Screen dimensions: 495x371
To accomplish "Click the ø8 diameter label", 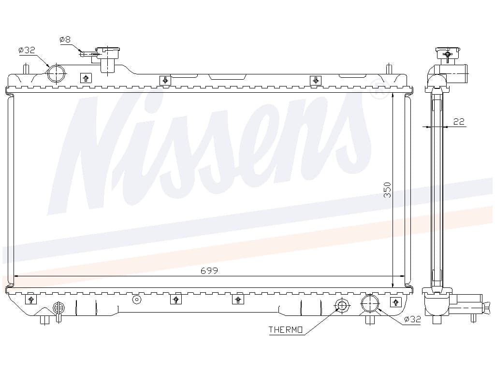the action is (65, 40).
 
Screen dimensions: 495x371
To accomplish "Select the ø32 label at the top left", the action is (27, 50).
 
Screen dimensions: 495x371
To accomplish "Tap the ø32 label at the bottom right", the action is (413, 319).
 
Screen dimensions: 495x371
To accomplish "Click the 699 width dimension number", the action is (209, 271).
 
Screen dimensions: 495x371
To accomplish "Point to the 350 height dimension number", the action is (387, 189).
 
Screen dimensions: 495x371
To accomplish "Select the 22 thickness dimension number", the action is (459, 121).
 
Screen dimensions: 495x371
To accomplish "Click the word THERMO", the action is (286, 329).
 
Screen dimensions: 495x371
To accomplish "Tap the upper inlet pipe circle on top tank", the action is (56, 73).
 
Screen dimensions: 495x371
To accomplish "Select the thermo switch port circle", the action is (342, 305).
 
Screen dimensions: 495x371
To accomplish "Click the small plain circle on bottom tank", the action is (136, 300).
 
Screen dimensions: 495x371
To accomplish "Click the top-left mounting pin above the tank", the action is (27, 69).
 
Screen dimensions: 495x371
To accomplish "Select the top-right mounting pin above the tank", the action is (389, 69).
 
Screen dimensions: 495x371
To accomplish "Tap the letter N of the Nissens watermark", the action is (104, 155).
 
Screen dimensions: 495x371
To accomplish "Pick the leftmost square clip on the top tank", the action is (86, 78).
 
